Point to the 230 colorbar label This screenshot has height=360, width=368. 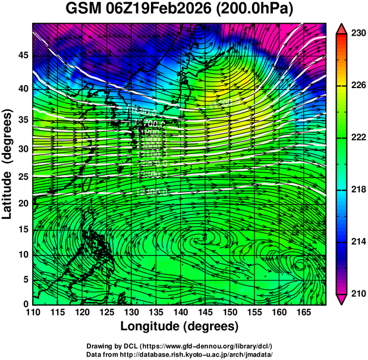click(358, 34)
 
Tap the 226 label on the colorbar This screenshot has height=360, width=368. click(358, 86)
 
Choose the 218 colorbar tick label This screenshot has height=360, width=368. click(358, 190)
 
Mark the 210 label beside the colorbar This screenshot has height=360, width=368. click(358, 293)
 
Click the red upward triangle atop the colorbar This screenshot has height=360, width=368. click(342, 28)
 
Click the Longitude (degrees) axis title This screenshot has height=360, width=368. click(180, 327)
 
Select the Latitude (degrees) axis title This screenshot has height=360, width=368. click(8, 164)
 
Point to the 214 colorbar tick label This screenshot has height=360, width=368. click(358, 242)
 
